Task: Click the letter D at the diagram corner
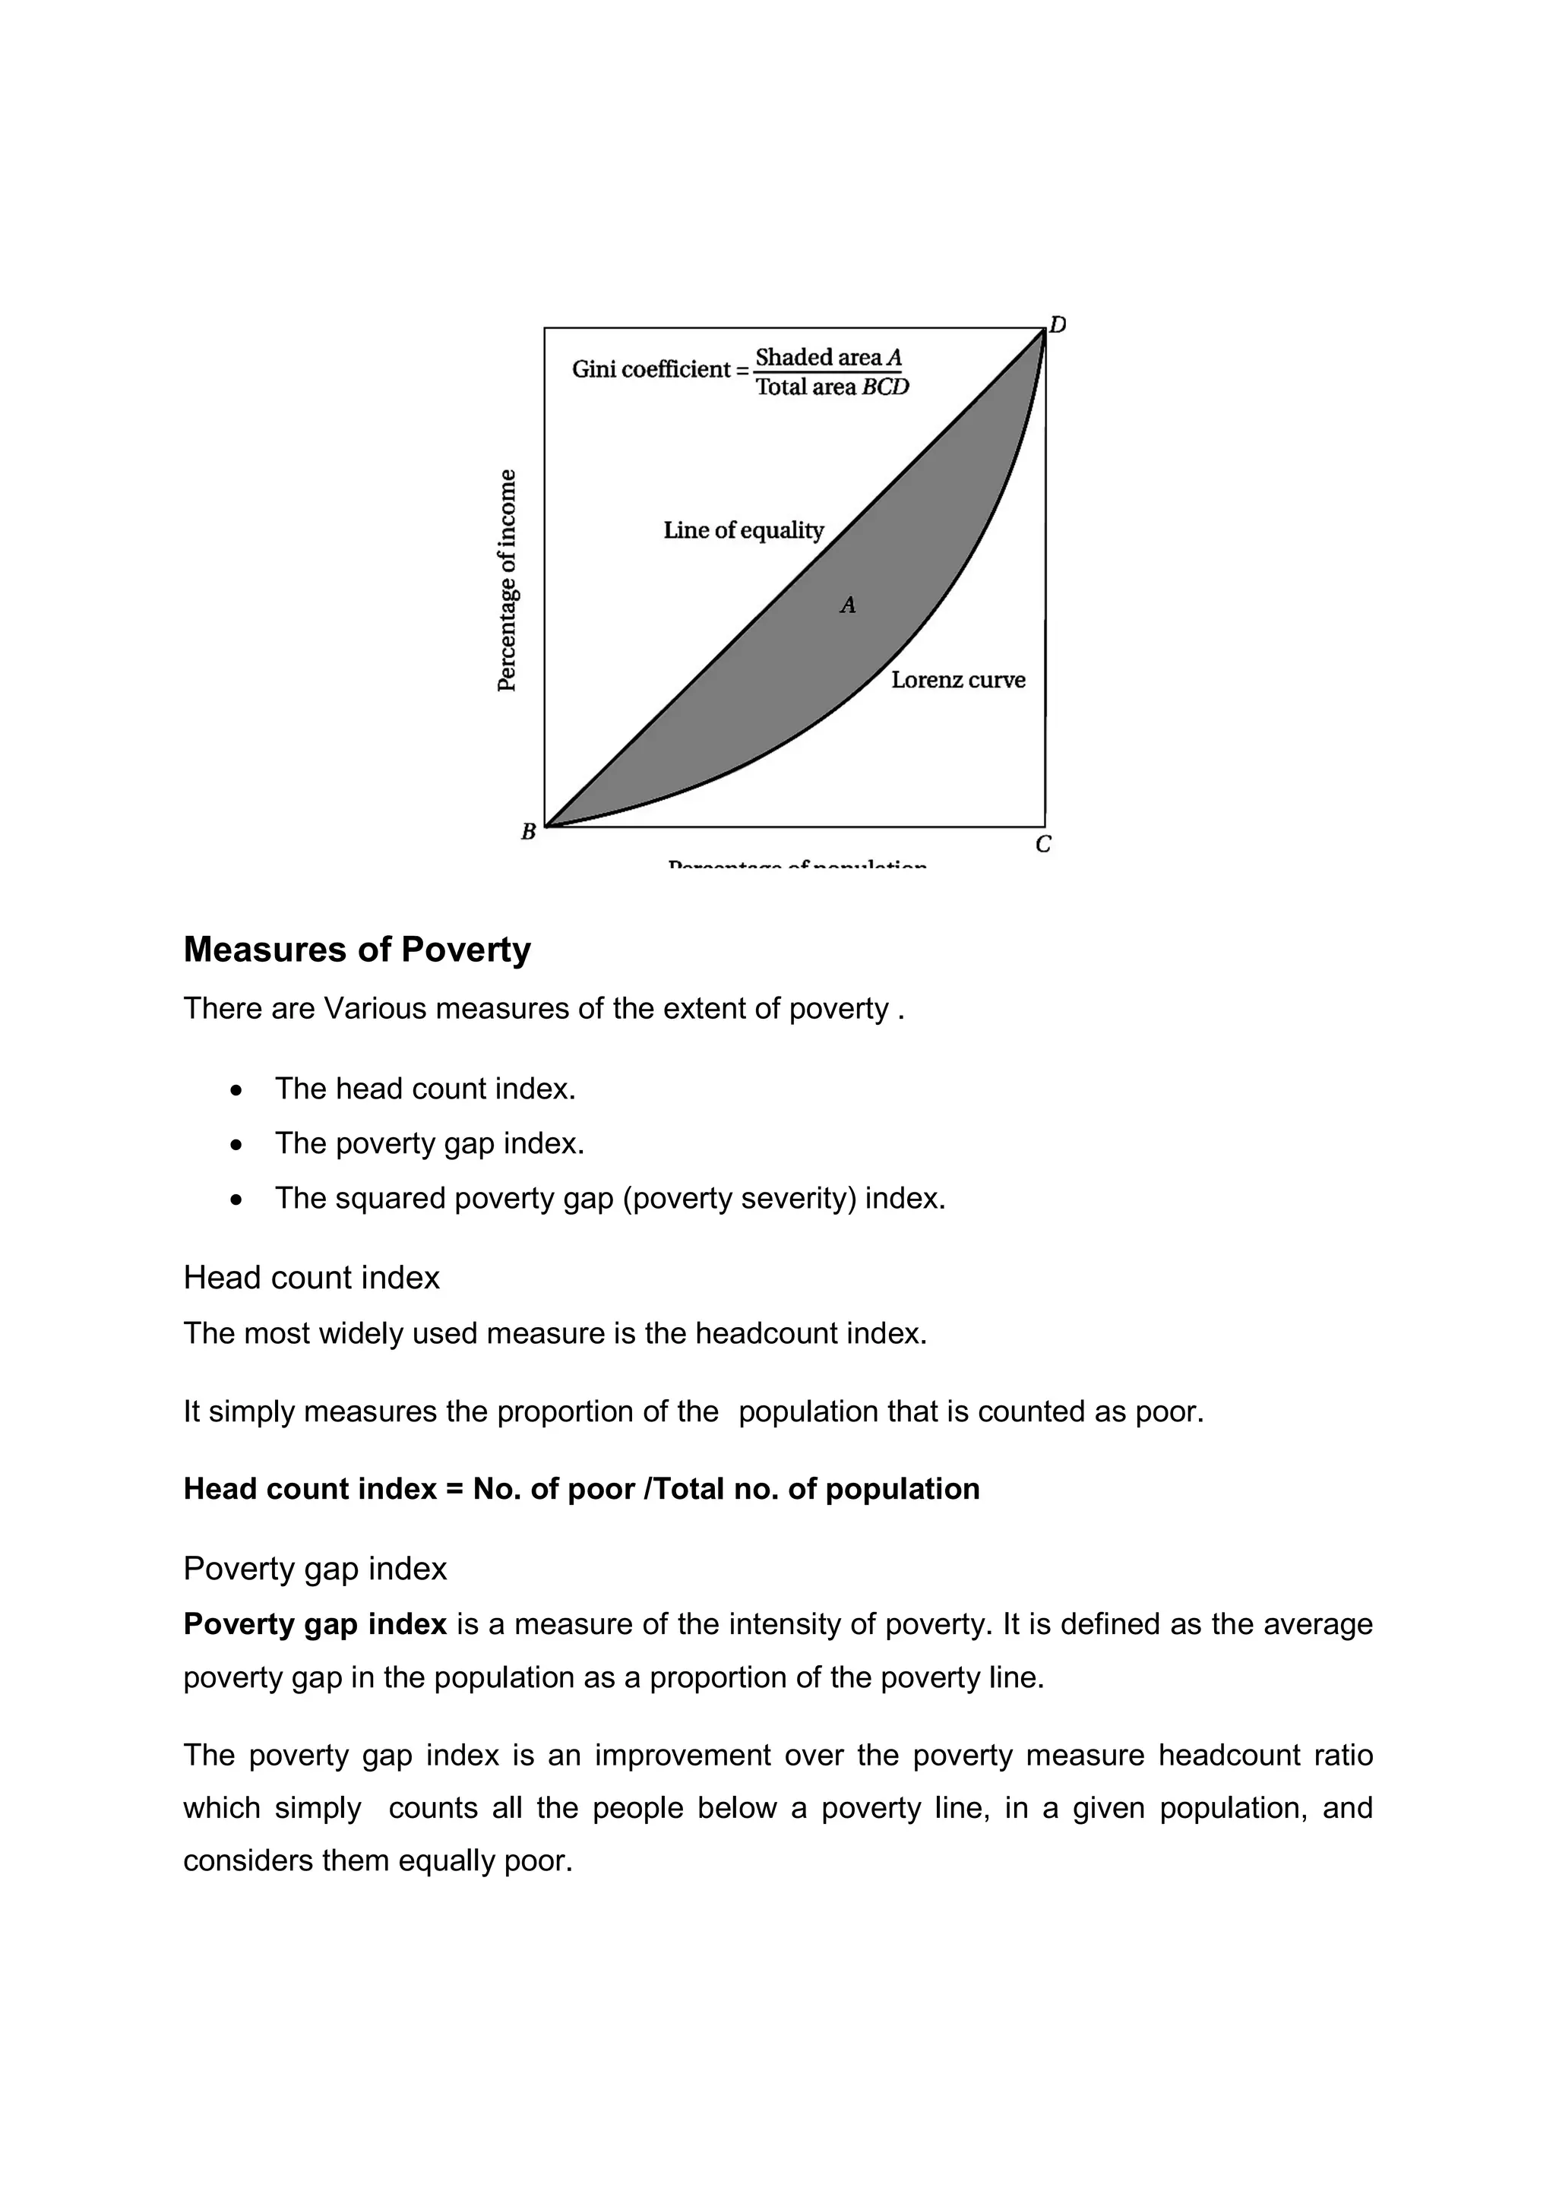point(1058,325)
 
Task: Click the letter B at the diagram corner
point(528,832)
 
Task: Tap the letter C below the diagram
point(1043,844)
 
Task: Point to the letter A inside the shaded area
point(848,605)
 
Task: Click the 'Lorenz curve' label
point(958,681)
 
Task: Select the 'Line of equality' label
point(744,530)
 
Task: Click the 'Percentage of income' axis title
point(508,580)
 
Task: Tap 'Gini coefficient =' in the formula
point(660,370)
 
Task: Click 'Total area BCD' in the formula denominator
point(832,387)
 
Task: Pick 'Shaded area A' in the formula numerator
point(829,357)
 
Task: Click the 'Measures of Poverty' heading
point(356,950)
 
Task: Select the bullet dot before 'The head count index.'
point(236,1090)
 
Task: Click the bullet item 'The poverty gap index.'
point(429,1143)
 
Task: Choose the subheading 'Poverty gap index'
point(315,1569)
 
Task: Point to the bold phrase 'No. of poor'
point(554,1488)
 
